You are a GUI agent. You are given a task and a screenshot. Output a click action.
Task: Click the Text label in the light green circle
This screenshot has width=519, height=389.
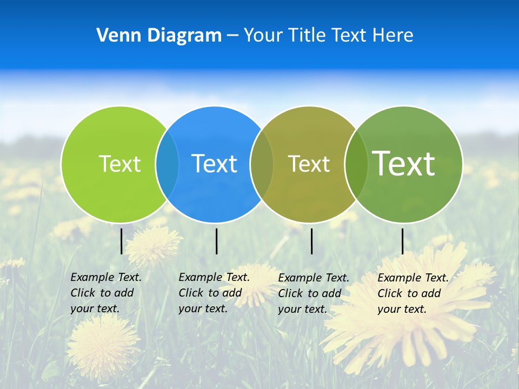click(x=119, y=164)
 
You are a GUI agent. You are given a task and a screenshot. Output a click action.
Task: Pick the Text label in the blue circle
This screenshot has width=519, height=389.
click(x=215, y=164)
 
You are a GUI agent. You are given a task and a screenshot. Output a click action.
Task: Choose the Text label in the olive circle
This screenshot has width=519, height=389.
click(x=309, y=164)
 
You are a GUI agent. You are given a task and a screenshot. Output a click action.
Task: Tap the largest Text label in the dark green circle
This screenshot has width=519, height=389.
click(x=404, y=164)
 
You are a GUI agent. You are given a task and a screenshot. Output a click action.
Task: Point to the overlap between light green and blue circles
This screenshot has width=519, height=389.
click(x=167, y=164)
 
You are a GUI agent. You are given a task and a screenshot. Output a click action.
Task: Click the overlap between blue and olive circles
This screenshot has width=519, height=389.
click(x=262, y=164)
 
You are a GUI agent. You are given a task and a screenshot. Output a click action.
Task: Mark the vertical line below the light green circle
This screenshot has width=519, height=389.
click(x=121, y=241)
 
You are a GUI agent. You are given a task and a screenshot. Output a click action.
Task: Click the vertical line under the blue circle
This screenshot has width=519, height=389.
click(x=216, y=241)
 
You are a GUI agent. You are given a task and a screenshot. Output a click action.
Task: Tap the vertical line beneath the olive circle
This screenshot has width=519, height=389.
click(x=311, y=241)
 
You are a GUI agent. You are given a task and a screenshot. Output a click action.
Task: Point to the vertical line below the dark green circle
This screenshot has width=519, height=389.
click(x=402, y=241)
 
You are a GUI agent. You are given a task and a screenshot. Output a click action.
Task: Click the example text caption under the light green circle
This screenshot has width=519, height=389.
click(x=105, y=293)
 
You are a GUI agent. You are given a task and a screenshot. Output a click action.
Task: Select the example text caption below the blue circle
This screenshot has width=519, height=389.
click(x=214, y=293)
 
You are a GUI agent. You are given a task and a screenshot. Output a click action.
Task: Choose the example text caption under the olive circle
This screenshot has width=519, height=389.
click(x=313, y=293)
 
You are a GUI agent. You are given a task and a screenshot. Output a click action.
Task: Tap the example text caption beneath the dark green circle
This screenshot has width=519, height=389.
click(x=412, y=293)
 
